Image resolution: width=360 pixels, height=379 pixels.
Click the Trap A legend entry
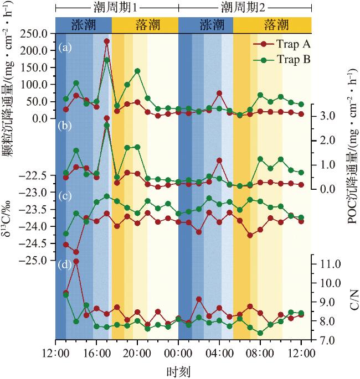282,43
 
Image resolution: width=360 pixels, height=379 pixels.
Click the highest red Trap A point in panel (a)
106,41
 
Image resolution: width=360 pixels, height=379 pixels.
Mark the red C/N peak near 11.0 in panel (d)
76,261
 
